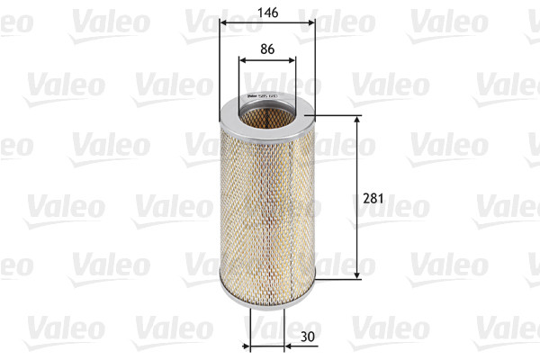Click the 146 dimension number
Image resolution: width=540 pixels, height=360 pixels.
[266, 13]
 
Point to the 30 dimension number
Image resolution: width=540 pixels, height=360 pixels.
[307, 337]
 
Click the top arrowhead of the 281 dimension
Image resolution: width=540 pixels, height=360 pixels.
[359, 120]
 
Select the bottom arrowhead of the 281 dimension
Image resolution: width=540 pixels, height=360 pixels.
[359, 274]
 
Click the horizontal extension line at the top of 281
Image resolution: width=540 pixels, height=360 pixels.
[337, 115]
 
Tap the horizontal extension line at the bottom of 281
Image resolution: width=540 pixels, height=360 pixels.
[337, 279]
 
